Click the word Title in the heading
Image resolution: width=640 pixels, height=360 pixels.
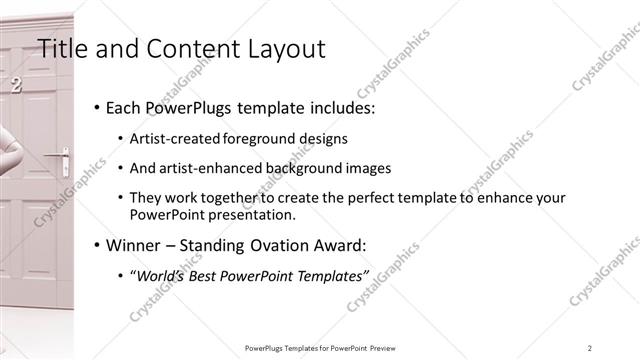[x=58, y=47]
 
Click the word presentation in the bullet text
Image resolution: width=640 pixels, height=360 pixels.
[x=254, y=214]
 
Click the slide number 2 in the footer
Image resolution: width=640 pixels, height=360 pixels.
[x=590, y=347]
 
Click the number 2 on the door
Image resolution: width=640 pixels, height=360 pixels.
[x=16, y=86]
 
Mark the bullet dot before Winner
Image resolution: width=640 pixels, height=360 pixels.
[x=96, y=245]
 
